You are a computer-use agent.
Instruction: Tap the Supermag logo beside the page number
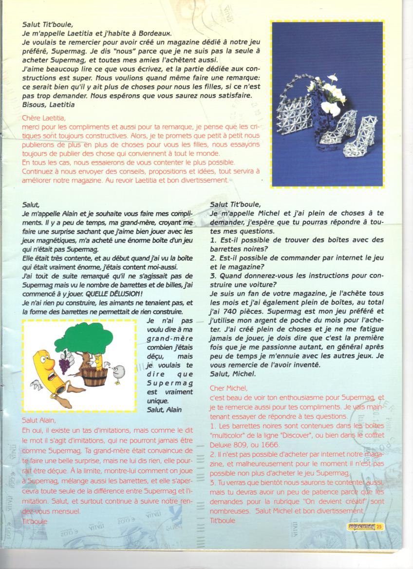pos(360,526)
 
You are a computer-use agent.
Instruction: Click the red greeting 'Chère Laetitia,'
pos(44,118)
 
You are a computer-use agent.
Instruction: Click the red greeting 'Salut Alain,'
pos(39,420)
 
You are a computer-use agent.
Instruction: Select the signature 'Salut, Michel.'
pos(233,373)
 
